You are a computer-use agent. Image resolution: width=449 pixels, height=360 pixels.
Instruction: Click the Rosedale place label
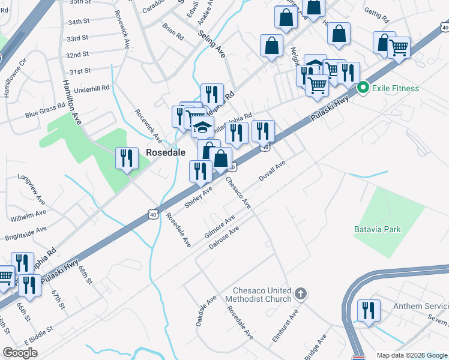[164, 153]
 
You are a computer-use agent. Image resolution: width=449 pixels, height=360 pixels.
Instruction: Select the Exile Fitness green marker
[363, 88]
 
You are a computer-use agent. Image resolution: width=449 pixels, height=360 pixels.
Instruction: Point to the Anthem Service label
[420, 306]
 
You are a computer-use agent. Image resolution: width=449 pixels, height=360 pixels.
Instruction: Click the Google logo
[20, 353]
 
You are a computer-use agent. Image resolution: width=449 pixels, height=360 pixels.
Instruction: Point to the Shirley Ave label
[199, 197]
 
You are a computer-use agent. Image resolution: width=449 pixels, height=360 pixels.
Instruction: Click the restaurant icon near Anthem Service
[368, 310]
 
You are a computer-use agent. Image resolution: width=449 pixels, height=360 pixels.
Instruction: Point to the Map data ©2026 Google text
[412, 355]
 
